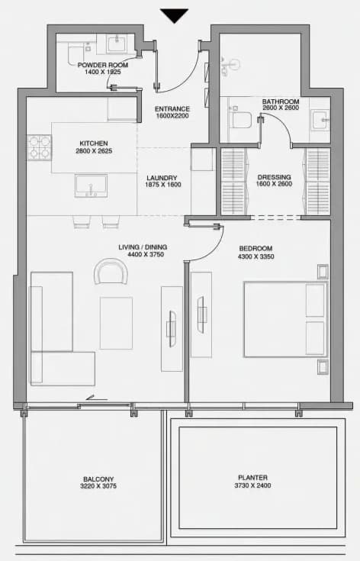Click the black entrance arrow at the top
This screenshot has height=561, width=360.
(x=174, y=15)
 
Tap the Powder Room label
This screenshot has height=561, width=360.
(x=103, y=65)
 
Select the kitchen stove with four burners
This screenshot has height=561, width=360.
(x=40, y=147)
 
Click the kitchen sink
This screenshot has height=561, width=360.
(x=91, y=185)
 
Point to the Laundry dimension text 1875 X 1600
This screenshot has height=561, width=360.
(x=163, y=185)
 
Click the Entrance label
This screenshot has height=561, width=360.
(x=172, y=108)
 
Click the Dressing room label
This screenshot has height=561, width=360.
(x=275, y=177)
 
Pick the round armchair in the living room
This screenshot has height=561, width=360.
(x=111, y=271)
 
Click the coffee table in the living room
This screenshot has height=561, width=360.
(x=116, y=323)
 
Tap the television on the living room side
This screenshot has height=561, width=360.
(x=172, y=328)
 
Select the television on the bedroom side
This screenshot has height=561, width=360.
(x=201, y=315)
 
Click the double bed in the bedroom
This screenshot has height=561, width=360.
(x=285, y=319)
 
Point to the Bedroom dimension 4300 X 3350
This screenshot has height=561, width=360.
(x=256, y=256)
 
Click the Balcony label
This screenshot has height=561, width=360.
(x=98, y=479)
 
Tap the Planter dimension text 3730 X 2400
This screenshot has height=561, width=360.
(x=252, y=485)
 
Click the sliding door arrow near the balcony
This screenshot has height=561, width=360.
(x=97, y=398)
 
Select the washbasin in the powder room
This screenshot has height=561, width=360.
(x=117, y=44)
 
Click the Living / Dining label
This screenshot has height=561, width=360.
(x=143, y=247)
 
